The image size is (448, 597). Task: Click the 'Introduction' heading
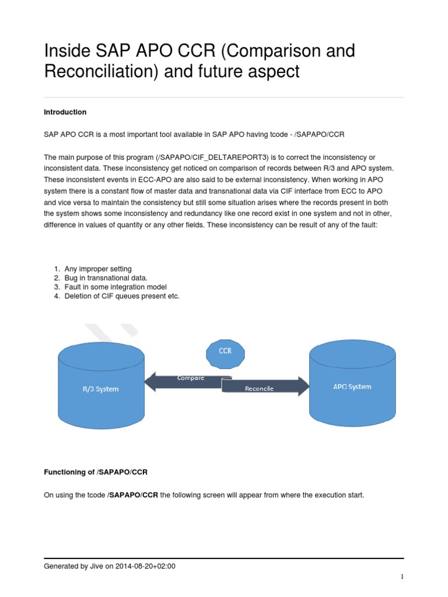pos(65,112)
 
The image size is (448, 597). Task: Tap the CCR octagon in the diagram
pos(225,352)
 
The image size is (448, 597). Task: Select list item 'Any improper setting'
pos(98,269)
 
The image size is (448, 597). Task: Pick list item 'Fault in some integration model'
pos(116,287)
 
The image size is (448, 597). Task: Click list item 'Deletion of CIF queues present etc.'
pos(122,297)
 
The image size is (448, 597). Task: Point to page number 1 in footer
pos(402,577)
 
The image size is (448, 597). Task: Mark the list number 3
pos(57,287)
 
